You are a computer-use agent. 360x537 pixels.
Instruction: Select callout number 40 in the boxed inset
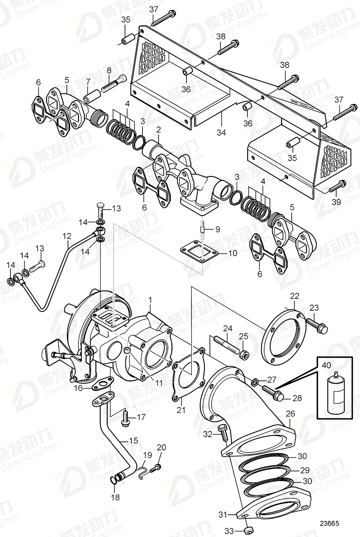326,365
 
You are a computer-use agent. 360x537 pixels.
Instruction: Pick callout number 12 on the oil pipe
67,235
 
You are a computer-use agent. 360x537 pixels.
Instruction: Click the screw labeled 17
125,418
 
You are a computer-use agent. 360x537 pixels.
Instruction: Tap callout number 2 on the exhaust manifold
159,130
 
